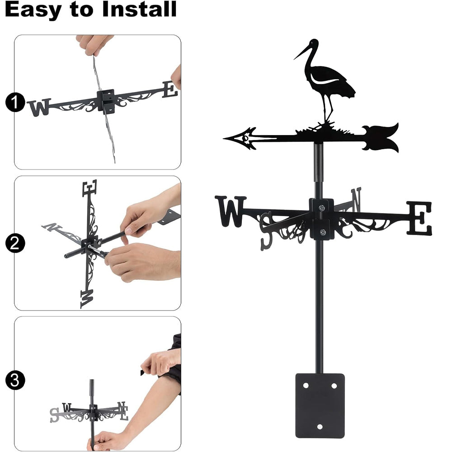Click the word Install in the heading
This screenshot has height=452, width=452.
click(x=139, y=9)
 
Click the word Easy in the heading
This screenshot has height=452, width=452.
click(x=33, y=10)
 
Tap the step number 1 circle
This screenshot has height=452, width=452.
click(x=15, y=102)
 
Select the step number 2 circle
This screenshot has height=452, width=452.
click(x=15, y=243)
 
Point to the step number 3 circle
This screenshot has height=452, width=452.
click(x=15, y=380)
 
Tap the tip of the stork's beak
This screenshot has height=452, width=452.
click(x=294, y=59)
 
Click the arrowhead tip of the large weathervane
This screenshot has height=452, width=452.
click(x=224, y=139)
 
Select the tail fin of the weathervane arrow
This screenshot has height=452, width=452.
click(x=381, y=138)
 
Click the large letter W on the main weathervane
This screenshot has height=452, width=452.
click(x=231, y=211)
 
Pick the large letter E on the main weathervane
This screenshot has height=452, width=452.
click(x=419, y=218)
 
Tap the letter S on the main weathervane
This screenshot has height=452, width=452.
click(x=266, y=231)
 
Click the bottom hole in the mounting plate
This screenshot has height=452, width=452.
click(x=320, y=427)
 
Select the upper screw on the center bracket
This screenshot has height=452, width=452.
click(x=322, y=207)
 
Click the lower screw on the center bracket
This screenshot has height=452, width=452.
click(x=323, y=232)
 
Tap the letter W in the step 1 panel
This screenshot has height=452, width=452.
click(x=39, y=108)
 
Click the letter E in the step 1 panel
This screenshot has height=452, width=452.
click(x=170, y=89)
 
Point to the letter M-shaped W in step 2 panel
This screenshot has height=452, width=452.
click(x=87, y=299)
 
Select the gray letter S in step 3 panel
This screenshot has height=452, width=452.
click(x=54, y=415)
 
